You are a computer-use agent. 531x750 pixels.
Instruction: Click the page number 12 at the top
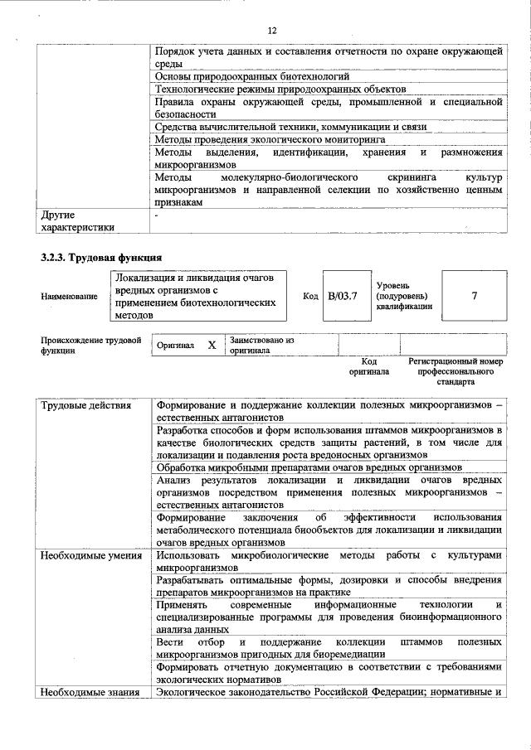pos(271,31)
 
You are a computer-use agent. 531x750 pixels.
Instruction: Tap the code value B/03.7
pos(341,295)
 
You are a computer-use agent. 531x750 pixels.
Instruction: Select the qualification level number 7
pos(474,295)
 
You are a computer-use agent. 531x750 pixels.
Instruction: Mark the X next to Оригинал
pos(212,344)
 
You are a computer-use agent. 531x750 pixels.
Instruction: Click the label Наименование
pos(69,296)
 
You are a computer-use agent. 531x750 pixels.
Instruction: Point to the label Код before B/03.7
pos(310,296)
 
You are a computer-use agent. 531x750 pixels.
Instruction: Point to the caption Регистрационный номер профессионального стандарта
pos(456,372)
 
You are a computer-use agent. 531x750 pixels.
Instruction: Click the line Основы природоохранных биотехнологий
pos(252,76)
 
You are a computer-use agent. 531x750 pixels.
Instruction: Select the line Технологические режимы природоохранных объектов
pos(280,89)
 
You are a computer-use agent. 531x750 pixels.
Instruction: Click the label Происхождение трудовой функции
pos(90,345)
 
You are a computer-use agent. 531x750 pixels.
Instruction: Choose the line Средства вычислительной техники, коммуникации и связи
pos(290,127)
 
